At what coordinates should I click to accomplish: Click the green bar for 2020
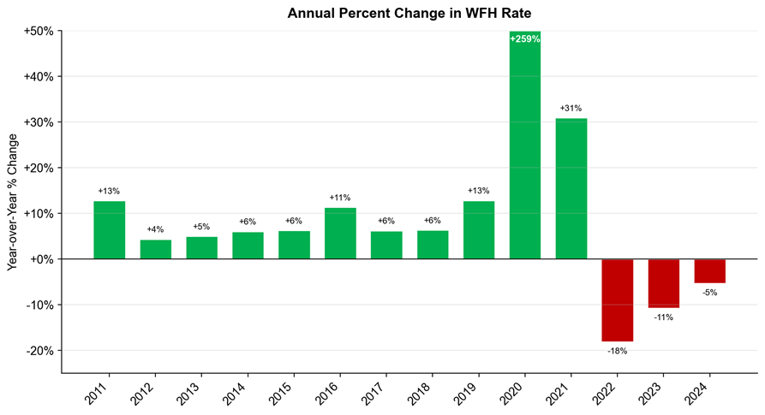coord(525,145)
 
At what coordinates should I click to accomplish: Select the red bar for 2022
coord(617,300)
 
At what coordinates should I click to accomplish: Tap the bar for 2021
coord(571,188)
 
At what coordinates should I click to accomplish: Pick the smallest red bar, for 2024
coord(710,271)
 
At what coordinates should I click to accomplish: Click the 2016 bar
coord(340,234)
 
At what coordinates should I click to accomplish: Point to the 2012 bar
coord(156,249)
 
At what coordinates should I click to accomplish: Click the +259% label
coord(525,39)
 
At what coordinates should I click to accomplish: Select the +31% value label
coord(571,108)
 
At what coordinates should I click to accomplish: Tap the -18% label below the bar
coord(617,351)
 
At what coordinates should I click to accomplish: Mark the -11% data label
coord(664,317)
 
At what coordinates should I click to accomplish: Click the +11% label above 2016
coord(340,198)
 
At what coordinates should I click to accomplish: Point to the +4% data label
coord(155,229)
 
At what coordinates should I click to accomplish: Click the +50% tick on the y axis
coord(39,31)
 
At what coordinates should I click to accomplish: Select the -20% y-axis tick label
coord(39,351)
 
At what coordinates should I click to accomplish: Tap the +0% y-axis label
coord(41,259)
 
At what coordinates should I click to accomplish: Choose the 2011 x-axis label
coord(97,394)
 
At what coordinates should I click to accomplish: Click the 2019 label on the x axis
coord(466,394)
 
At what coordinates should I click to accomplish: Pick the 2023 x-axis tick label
coord(651,394)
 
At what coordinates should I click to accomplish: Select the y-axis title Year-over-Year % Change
coord(12,202)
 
